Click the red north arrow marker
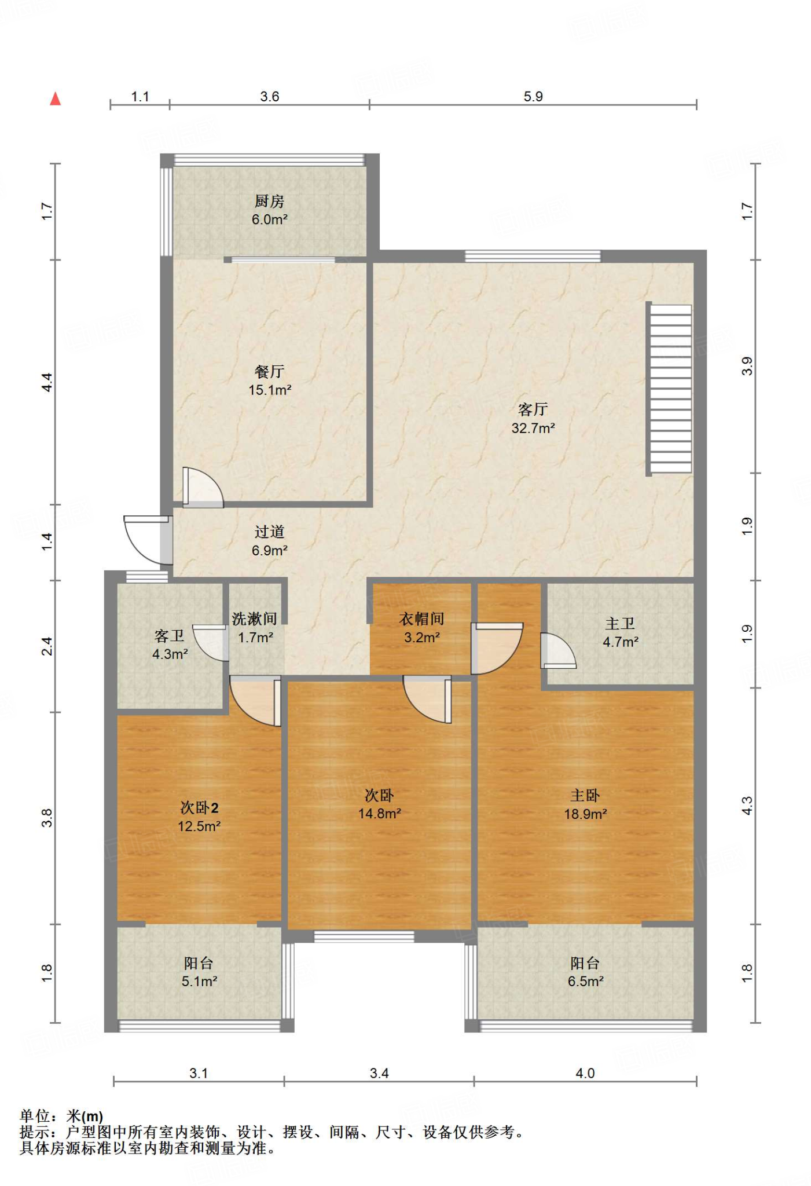tap(56, 99)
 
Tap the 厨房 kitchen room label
tap(269, 201)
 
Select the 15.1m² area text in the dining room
tap(270, 390)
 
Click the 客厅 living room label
tap(533, 409)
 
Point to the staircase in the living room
tap(669, 389)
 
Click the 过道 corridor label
tap(269, 532)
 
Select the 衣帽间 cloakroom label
tap(421, 618)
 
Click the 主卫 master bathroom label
tap(620, 623)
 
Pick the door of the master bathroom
tap(558, 651)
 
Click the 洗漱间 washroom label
tap(255, 618)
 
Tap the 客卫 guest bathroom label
tap(170, 636)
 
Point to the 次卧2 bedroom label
tap(199, 807)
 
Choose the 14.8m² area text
tap(380, 814)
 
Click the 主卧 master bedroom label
tap(585, 795)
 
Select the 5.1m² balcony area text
tap(199, 981)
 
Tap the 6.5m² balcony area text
tap(585, 981)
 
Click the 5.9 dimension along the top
tap(533, 96)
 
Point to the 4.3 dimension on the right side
tap(747, 806)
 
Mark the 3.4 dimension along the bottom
tap(379, 1073)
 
